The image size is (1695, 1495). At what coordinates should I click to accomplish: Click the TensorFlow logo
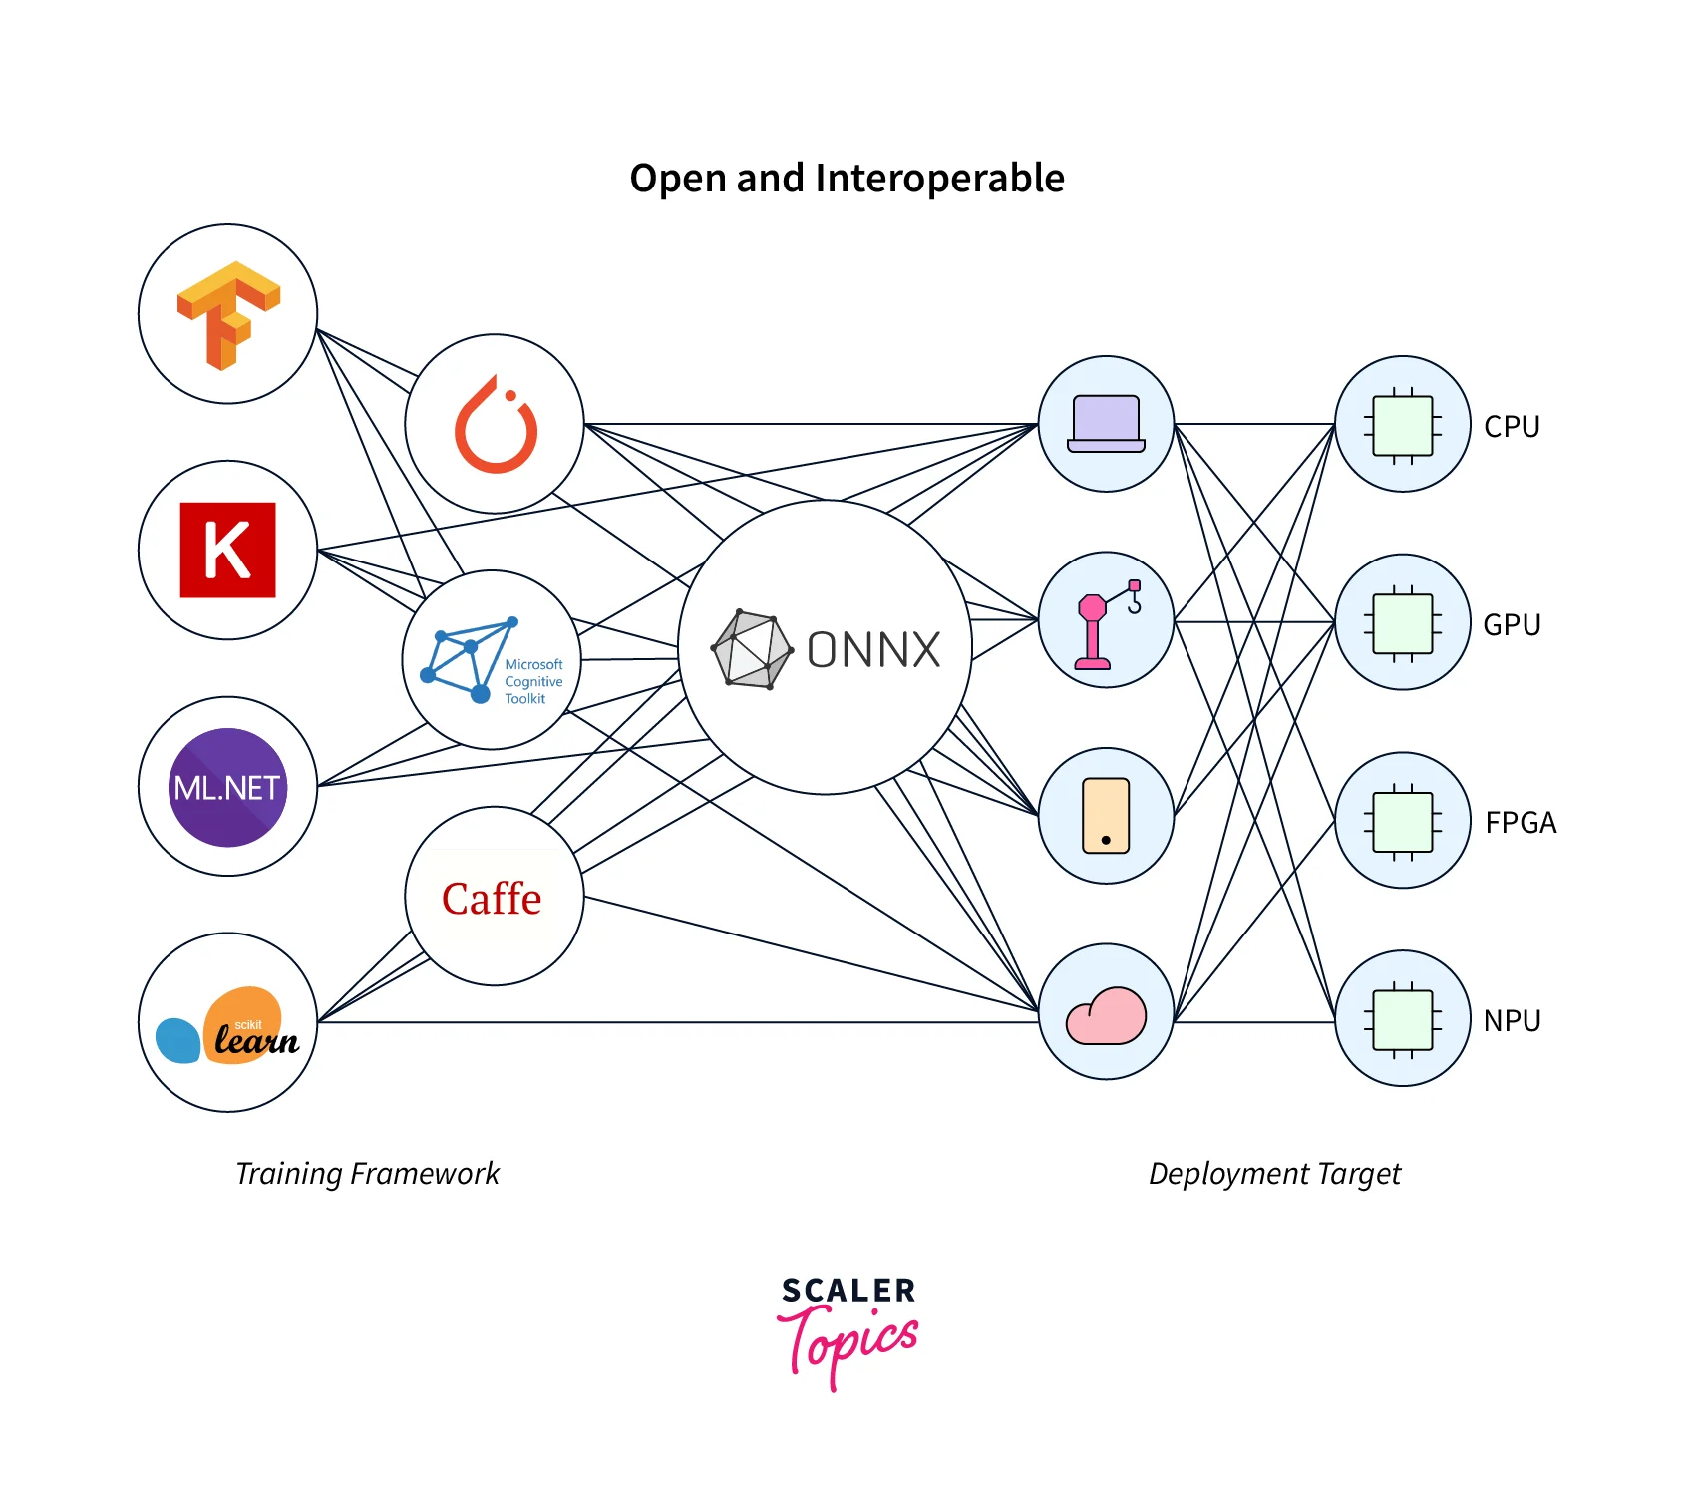(228, 314)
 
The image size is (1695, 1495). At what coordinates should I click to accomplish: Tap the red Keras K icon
(227, 550)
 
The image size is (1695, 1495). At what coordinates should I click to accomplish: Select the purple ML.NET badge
(227, 787)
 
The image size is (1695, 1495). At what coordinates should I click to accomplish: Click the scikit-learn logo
(228, 1027)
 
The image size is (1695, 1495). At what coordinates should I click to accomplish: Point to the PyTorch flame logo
(496, 426)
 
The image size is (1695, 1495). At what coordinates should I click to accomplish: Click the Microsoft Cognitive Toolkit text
(533, 681)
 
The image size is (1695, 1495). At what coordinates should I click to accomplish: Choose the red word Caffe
(492, 899)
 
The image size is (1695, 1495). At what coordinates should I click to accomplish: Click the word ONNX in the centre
(873, 650)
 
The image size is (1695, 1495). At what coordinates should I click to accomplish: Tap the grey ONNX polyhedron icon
(752, 649)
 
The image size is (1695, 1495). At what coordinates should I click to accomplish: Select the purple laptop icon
(1106, 424)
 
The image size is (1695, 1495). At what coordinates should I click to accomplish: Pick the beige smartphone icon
(1106, 816)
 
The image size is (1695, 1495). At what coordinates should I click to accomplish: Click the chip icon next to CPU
(1402, 425)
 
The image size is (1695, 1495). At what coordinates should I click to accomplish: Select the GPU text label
(1512, 625)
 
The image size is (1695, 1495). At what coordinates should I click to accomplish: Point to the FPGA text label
(1521, 823)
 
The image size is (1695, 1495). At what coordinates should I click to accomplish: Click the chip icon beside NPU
(1402, 1019)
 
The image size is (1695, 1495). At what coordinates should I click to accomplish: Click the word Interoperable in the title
(939, 179)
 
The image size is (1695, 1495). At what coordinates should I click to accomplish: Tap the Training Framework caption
(367, 1174)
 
